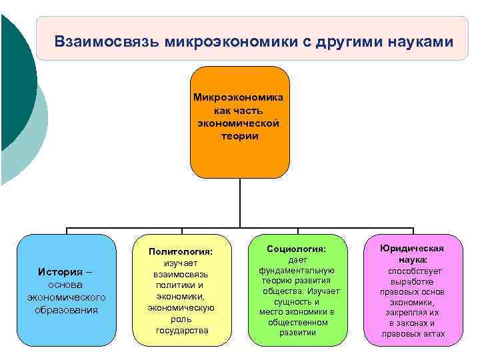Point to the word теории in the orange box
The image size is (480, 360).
pos(239,136)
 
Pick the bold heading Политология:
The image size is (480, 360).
pos(180,251)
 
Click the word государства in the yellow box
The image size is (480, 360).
pos(181,330)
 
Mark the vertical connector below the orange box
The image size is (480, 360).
pos(239,203)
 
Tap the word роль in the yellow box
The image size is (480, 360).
pos(181,319)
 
